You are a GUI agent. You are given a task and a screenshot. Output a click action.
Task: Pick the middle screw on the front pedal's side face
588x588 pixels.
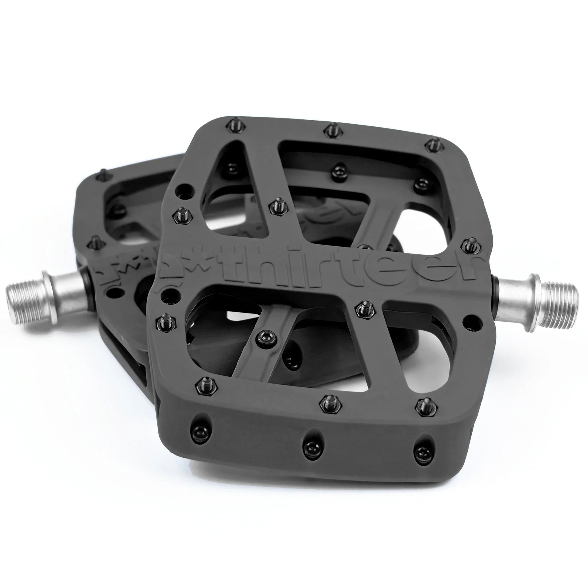(x=311, y=446)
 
